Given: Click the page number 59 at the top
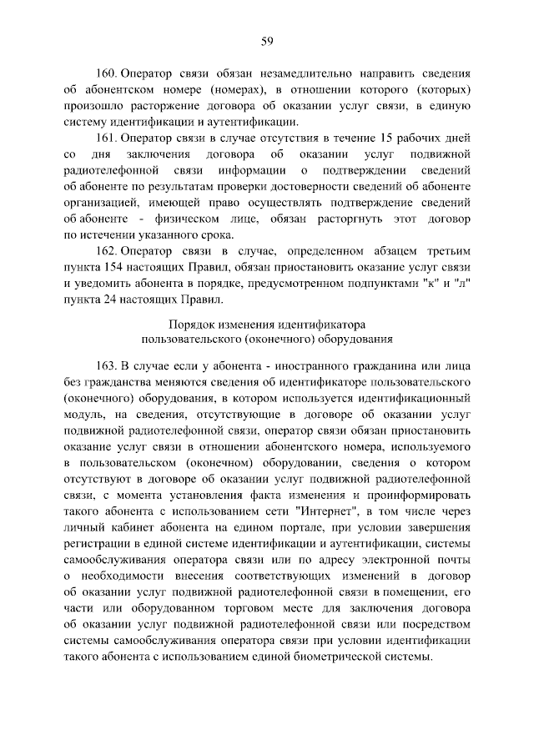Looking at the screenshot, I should click(267, 41).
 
